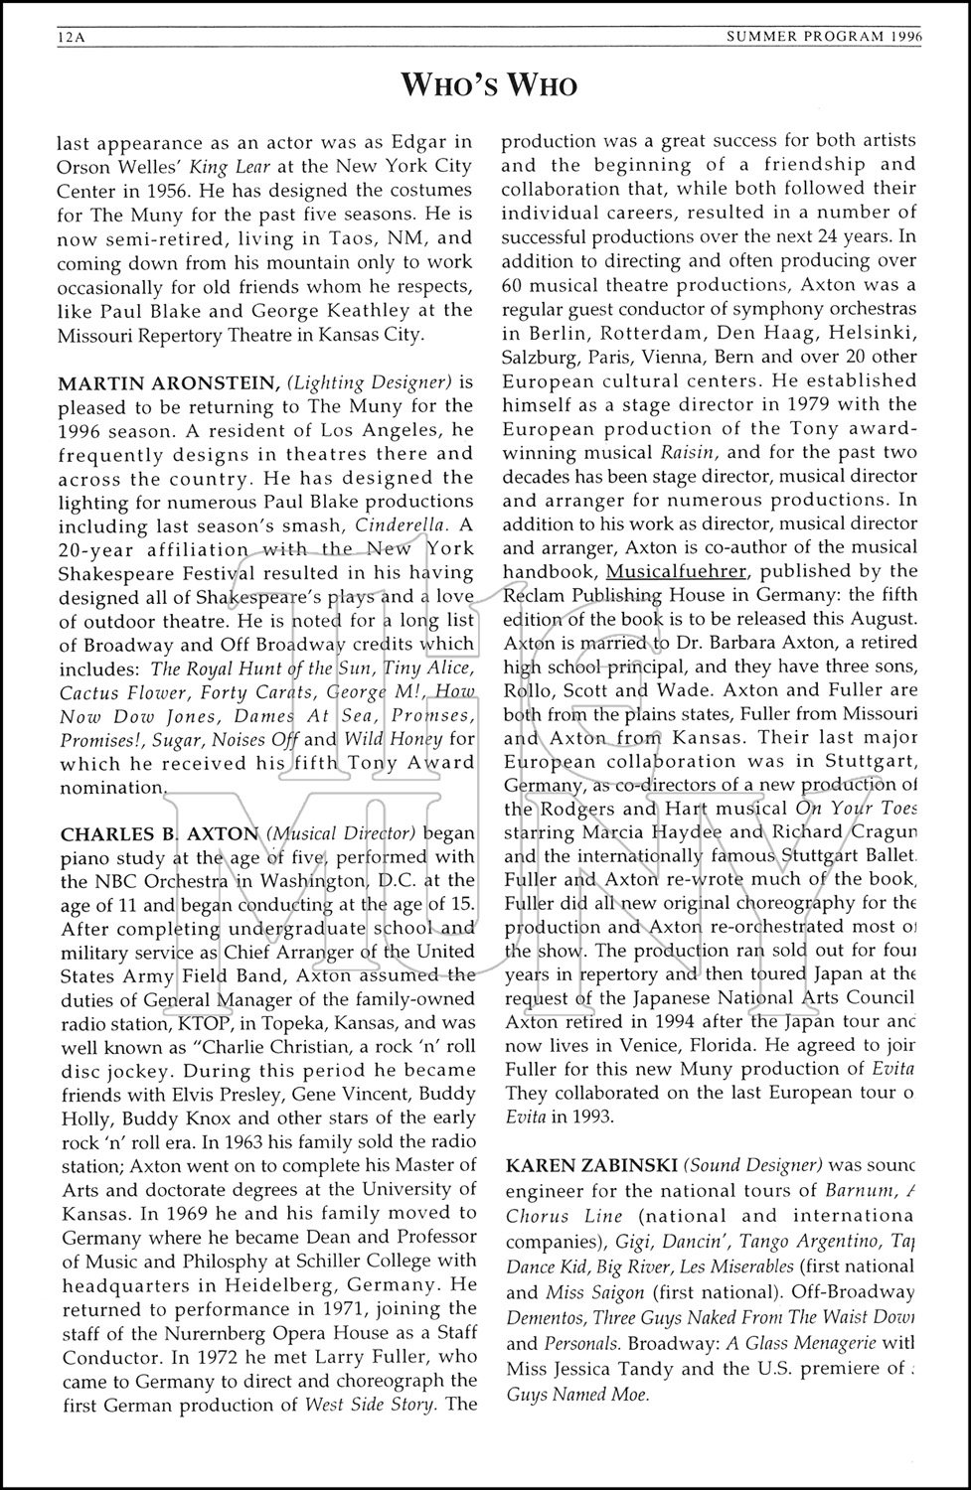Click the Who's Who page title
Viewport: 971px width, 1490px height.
(x=488, y=86)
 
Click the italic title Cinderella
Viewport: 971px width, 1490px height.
(x=405, y=525)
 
